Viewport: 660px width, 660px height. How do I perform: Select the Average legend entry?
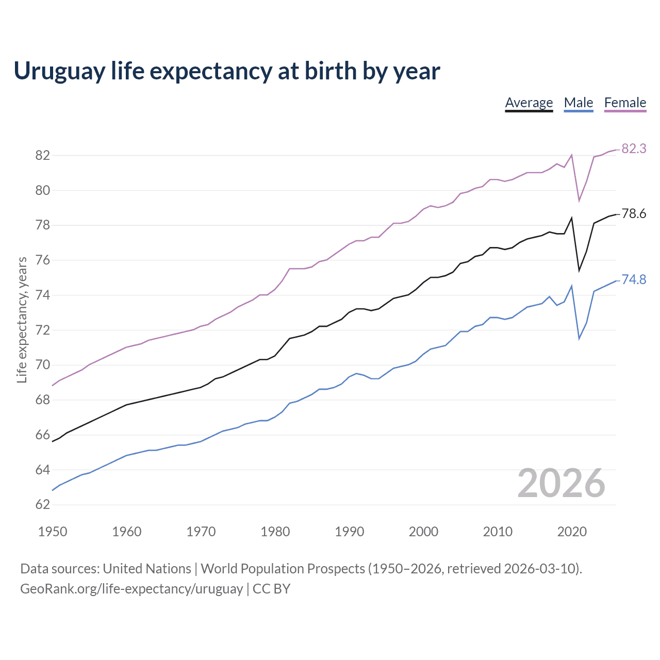(x=529, y=103)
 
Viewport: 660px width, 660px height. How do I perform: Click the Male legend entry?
(x=578, y=103)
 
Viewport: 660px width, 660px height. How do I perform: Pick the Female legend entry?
(x=625, y=103)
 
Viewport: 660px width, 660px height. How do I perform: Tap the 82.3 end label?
(x=634, y=148)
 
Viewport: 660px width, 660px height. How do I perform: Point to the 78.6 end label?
(x=634, y=213)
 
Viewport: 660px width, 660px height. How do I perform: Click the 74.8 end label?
(x=634, y=279)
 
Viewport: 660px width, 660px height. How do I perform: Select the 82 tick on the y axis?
(x=42, y=155)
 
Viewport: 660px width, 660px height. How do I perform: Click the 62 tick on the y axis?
(x=42, y=505)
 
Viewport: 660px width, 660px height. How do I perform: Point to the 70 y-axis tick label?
(x=42, y=365)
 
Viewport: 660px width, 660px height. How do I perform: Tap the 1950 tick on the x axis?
(x=53, y=532)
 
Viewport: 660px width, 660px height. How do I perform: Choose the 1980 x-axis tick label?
(x=275, y=532)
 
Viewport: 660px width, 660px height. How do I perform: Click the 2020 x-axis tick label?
(x=572, y=532)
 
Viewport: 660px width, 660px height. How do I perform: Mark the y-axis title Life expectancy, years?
(x=22, y=320)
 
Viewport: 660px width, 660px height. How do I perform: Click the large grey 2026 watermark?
(x=561, y=483)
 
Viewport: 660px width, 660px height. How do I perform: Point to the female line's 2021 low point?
(x=579, y=201)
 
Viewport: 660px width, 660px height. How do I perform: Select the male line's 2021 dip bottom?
(x=579, y=339)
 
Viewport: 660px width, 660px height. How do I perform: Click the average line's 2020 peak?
(x=571, y=218)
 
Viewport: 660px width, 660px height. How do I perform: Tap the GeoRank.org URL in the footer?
(x=131, y=589)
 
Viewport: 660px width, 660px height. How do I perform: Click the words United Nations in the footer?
(x=147, y=569)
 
